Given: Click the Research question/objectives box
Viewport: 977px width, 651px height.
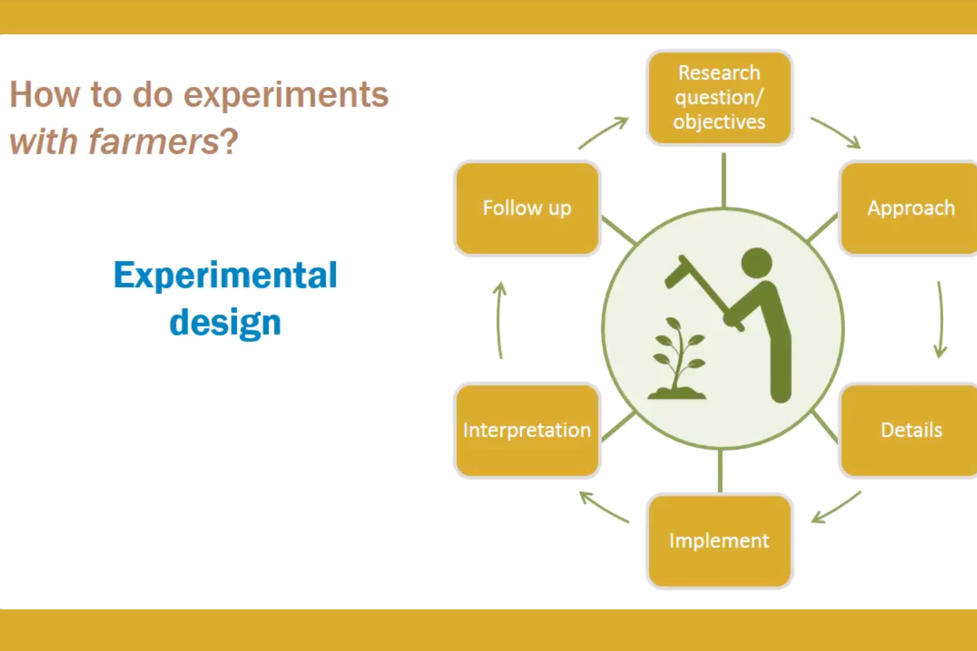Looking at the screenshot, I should [719, 98].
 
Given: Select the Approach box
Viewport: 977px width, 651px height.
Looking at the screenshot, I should [910, 208].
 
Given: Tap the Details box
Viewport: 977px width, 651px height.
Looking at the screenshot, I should [910, 430].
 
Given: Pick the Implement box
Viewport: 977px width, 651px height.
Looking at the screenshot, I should [719, 541].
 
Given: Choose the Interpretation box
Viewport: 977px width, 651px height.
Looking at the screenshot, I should [527, 430].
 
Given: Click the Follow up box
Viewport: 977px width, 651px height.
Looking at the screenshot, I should [527, 208].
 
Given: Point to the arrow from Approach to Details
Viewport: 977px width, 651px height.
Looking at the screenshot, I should [940, 319].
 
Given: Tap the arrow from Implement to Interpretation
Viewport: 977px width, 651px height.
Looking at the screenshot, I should [603, 507].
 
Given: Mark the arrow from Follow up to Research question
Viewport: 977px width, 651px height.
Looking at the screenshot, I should [604, 132].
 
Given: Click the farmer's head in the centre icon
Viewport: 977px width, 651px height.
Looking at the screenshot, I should [757, 263].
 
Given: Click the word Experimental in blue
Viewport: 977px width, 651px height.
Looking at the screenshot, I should [225, 275].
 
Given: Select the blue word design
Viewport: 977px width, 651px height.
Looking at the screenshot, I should [225, 322].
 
